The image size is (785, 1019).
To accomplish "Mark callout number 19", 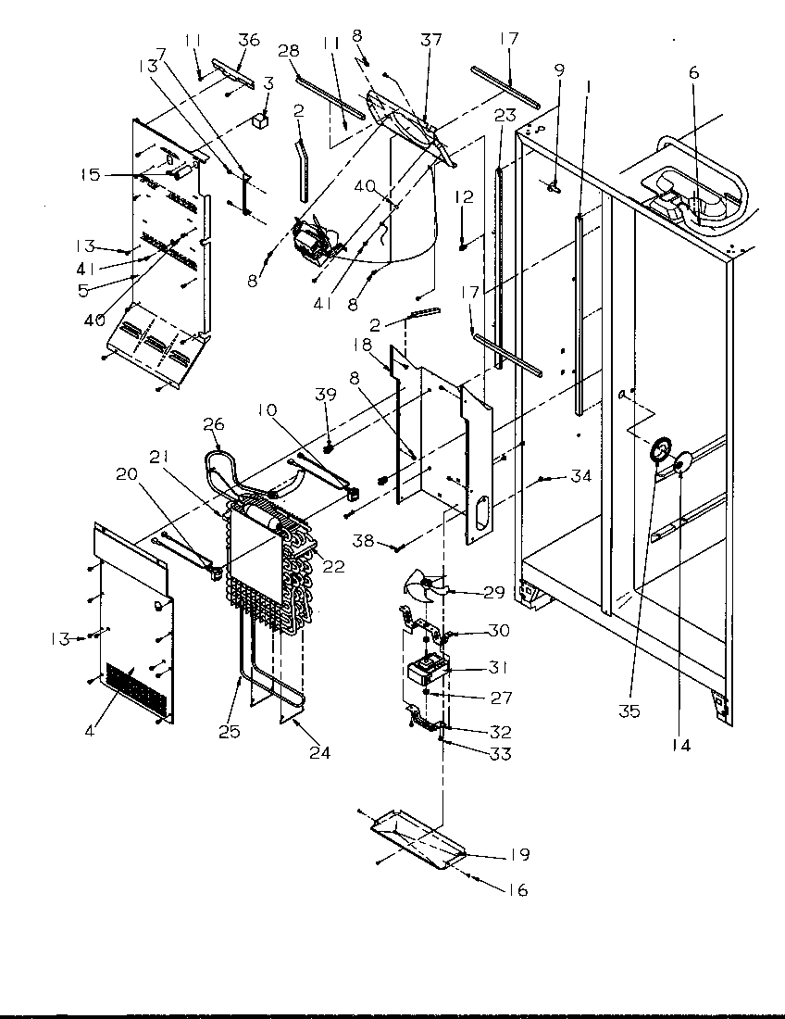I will coord(518,855).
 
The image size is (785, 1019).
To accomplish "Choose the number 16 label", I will coord(517,890).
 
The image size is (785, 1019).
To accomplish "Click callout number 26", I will coord(214,424).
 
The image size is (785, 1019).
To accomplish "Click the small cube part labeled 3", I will coord(262,120).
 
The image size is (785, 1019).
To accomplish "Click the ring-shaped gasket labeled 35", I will coord(660,449).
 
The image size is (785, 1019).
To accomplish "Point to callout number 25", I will coord(230,731).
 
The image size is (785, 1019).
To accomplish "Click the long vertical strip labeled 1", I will coord(579,315).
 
